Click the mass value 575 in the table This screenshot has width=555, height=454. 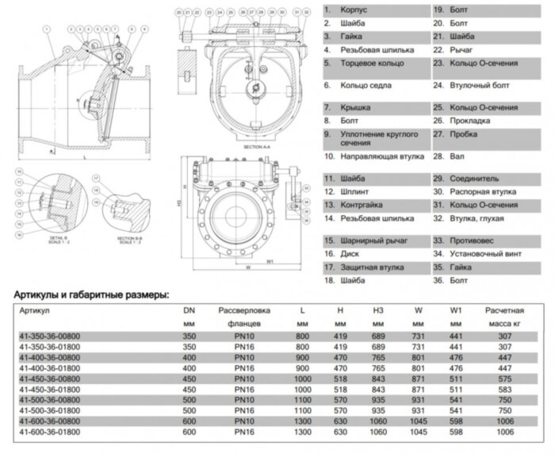[503, 379]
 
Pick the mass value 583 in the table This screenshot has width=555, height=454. [503, 389]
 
